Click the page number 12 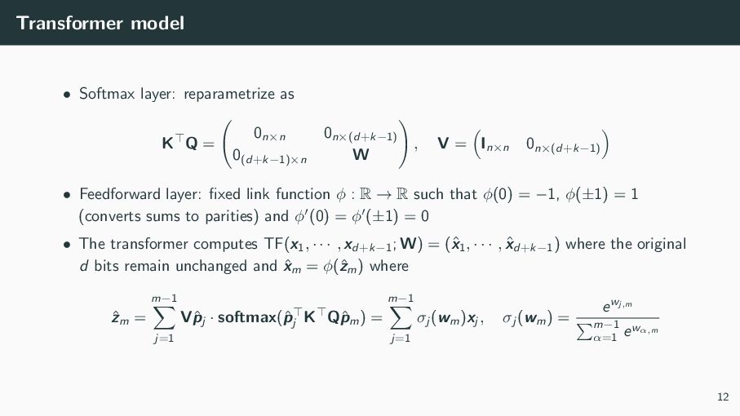coord(722,397)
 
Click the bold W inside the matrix coord(360,153)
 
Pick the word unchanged coord(217,266)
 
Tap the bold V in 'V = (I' coord(442,144)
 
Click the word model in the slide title coord(161,23)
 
